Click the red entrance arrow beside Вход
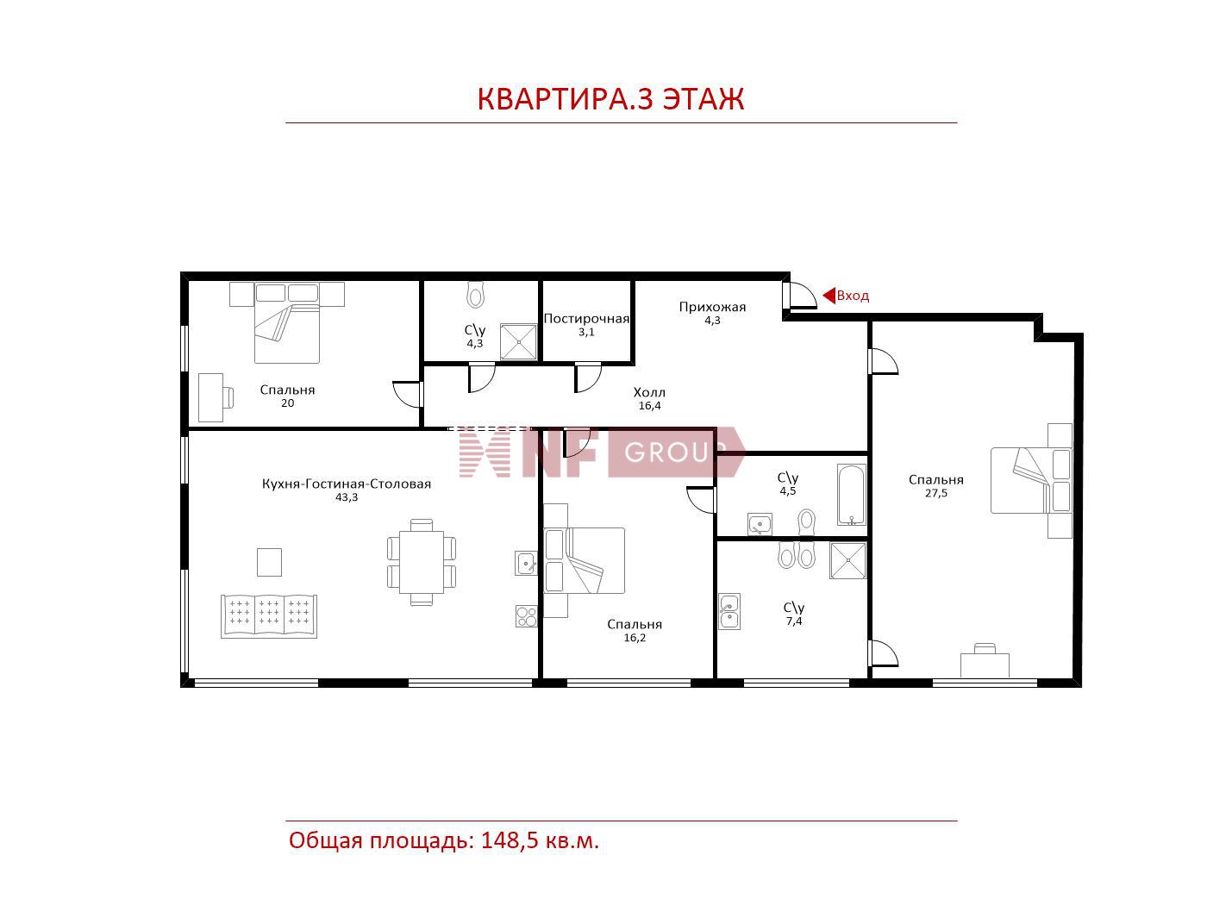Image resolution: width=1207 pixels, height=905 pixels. pyautogui.click(x=829, y=296)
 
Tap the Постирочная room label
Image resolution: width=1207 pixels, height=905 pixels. pyautogui.click(x=586, y=319)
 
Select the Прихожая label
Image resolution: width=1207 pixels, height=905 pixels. pyautogui.click(x=712, y=307)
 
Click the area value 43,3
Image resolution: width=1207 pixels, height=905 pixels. pyautogui.click(x=347, y=497)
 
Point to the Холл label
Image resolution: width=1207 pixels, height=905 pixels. pyautogui.click(x=649, y=392)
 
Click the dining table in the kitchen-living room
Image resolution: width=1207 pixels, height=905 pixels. pyautogui.click(x=422, y=562)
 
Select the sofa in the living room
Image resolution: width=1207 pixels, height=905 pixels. pyautogui.click(x=269, y=616)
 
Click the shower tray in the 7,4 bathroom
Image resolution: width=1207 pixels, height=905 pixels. pyautogui.click(x=848, y=560)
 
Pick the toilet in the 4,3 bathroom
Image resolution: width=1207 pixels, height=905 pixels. pyautogui.click(x=476, y=295)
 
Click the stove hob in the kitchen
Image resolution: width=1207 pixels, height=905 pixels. pyautogui.click(x=526, y=616)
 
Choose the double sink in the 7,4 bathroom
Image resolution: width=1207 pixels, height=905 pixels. pyautogui.click(x=729, y=612)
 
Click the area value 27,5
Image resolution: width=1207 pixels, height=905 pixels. pyautogui.click(x=936, y=493)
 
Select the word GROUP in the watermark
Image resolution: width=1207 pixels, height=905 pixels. pyautogui.click(x=675, y=452)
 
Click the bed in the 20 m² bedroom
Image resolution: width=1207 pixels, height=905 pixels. pyautogui.click(x=287, y=323)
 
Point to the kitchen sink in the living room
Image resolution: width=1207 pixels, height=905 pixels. pyautogui.click(x=526, y=563)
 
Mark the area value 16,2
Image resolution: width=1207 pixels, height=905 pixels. pyautogui.click(x=635, y=638)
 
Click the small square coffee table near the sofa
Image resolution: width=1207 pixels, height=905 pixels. pyautogui.click(x=270, y=563)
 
